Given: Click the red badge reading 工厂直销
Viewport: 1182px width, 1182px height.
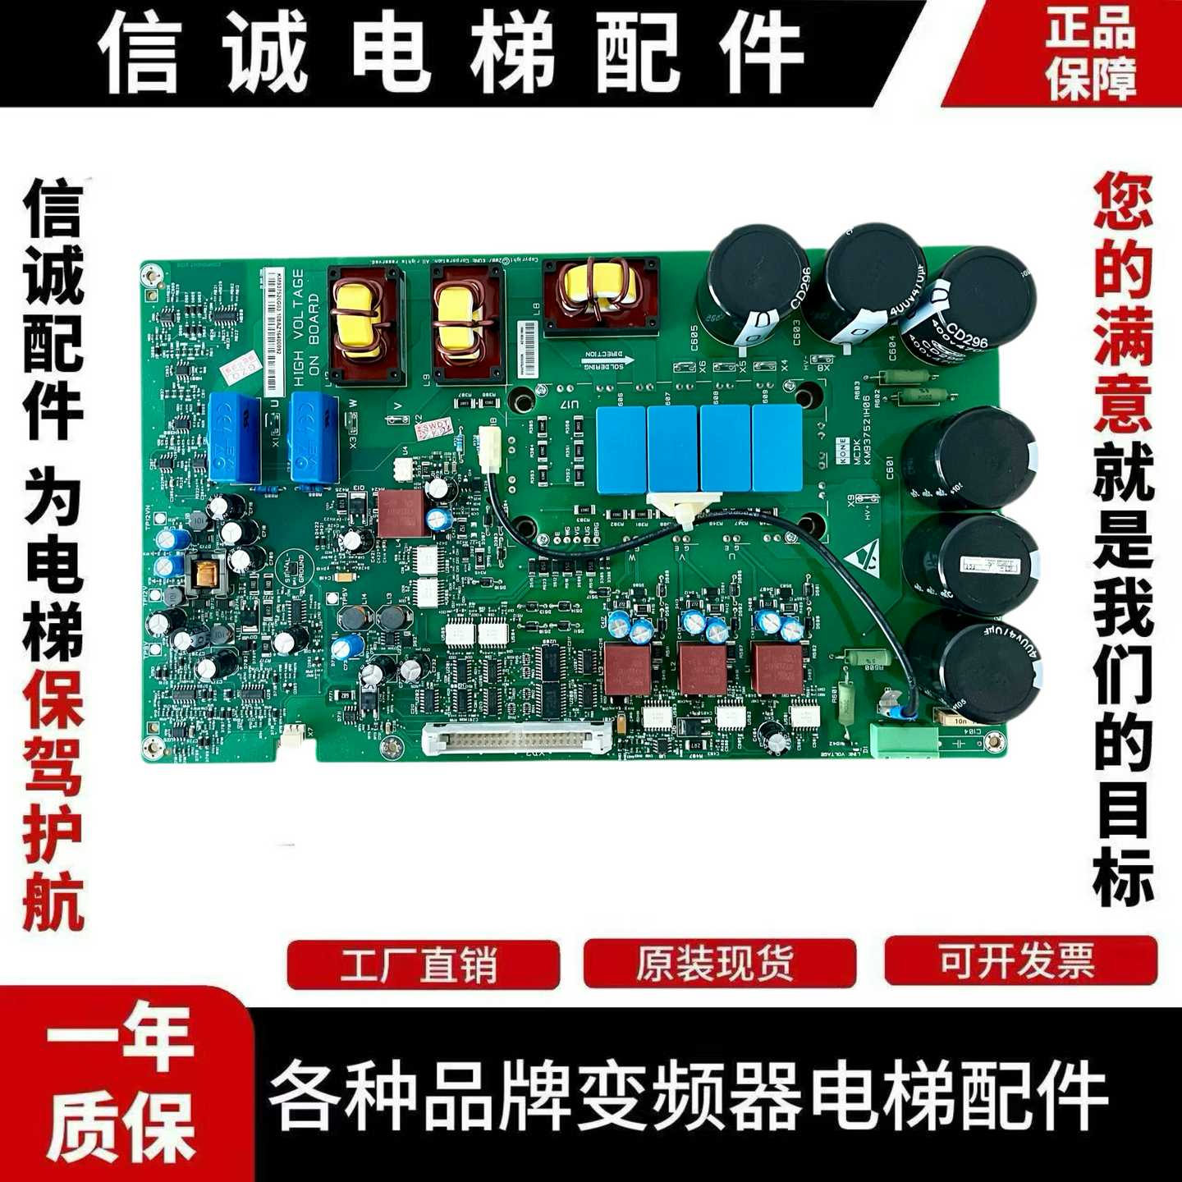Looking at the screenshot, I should click(423, 964).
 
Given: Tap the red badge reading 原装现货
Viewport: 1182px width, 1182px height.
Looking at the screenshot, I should click(718, 964).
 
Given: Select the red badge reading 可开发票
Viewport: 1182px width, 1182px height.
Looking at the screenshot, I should click(1019, 960).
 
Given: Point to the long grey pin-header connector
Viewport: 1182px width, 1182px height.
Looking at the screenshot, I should click(517, 738).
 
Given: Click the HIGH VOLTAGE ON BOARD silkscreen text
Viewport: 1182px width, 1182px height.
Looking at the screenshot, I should click(305, 328).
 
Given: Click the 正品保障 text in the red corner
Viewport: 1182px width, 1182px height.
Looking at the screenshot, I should click(1091, 53).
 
